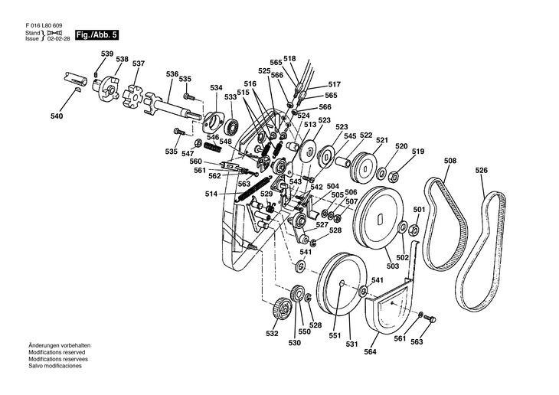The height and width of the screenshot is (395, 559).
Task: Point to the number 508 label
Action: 450,161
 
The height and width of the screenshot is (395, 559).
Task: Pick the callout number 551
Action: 335,335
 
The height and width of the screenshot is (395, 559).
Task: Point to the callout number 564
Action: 371,352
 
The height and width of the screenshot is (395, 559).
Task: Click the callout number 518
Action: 289,58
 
